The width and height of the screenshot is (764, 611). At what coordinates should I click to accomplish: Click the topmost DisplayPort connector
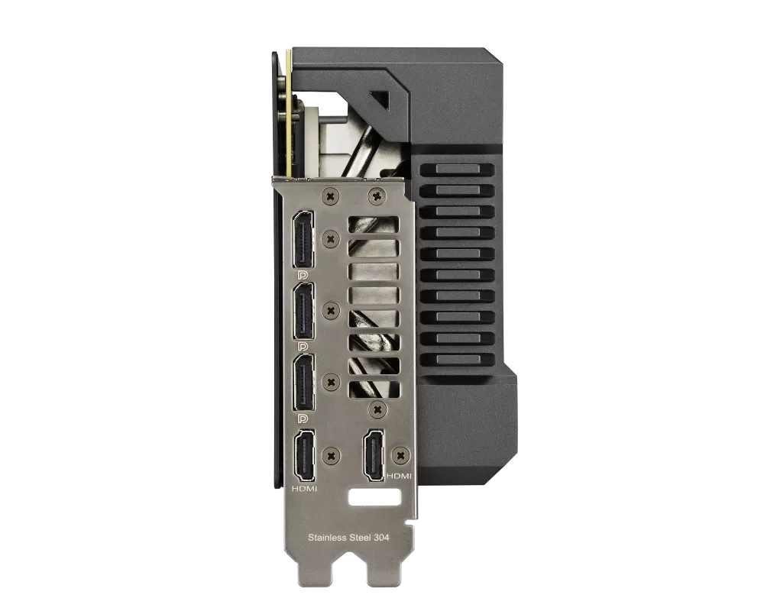(x=303, y=240)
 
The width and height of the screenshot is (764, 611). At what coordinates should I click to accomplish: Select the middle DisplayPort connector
(x=303, y=311)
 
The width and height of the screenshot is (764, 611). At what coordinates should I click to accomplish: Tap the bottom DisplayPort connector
(x=303, y=383)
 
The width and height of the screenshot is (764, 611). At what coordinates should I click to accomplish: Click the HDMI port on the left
(x=303, y=455)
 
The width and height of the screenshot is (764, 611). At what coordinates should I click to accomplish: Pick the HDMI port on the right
(x=374, y=454)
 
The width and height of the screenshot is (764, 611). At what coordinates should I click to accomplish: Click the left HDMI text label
(x=304, y=488)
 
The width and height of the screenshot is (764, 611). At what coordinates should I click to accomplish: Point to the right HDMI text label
(x=399, y=476)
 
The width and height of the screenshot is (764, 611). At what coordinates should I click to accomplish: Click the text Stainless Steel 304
(x=348, y=538)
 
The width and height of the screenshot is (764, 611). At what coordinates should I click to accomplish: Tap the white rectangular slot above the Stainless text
(x=375, y=497)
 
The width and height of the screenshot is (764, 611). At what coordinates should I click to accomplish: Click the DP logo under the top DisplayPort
(x=303, y=275)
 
